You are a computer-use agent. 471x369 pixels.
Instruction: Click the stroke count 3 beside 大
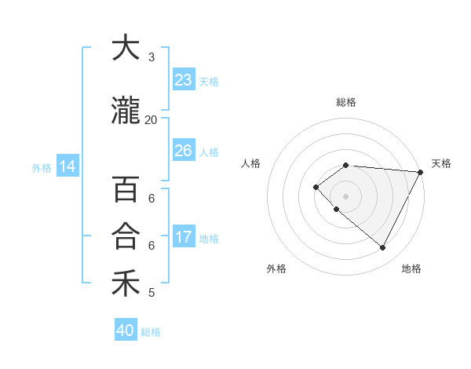tap(152, 57)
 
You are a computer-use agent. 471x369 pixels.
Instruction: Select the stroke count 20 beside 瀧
tap(151, 119)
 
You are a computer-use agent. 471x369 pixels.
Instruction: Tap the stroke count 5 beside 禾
tap(152, 293)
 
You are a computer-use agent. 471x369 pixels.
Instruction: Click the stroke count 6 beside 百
tap(152, 198)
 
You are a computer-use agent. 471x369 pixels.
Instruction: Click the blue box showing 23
tap(183, 80)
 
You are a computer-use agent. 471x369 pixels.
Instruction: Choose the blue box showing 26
tap(183, 151)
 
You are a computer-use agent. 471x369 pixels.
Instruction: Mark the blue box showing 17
tap(183, 237)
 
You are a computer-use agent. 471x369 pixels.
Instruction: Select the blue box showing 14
tap(68, 166)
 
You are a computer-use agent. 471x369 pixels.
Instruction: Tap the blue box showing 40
tap(126, 331)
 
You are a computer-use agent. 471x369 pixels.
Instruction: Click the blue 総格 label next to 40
tap(151, 332)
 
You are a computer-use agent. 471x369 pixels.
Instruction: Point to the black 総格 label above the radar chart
tap(346, 102)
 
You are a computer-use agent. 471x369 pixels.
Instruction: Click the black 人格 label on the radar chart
tap(251, 163)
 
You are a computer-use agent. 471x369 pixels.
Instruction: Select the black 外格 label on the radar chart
tap(276, 269)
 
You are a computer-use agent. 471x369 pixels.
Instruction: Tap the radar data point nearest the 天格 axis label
tap(421, 172)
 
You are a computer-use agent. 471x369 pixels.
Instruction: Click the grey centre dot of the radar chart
tap(345, 195)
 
